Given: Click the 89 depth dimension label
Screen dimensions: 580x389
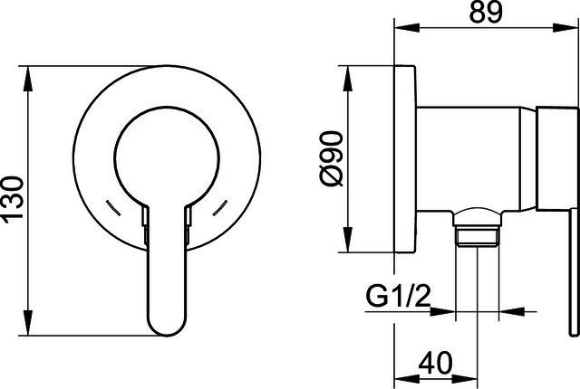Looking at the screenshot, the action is [x=486, y=12].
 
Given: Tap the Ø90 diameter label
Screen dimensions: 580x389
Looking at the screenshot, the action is [x=332, y=158].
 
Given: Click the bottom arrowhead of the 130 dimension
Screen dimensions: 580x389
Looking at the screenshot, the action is [x=28, y=323].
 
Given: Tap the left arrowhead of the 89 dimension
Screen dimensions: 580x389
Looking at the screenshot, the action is [x=407, y=27].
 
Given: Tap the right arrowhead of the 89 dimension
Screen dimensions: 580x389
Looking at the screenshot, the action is [x=565, y=27].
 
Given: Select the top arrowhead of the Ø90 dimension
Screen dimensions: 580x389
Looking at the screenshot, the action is [x=347, y=79].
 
